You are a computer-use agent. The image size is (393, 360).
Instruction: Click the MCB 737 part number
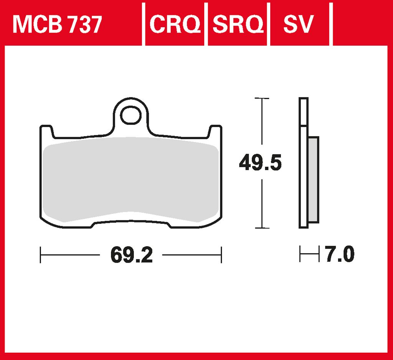57,24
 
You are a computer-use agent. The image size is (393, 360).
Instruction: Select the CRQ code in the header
175,24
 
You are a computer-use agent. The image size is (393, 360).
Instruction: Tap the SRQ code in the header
238,24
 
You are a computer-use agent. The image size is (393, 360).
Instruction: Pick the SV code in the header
298,24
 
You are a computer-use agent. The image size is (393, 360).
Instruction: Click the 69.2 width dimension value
132,255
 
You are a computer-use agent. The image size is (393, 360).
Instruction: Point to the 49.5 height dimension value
261,163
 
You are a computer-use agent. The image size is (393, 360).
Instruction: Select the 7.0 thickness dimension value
340,254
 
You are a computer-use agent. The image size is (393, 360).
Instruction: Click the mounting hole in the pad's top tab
130,115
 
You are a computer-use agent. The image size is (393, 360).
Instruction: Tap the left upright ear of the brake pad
46,132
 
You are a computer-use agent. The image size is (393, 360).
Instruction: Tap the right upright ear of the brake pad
215,132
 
